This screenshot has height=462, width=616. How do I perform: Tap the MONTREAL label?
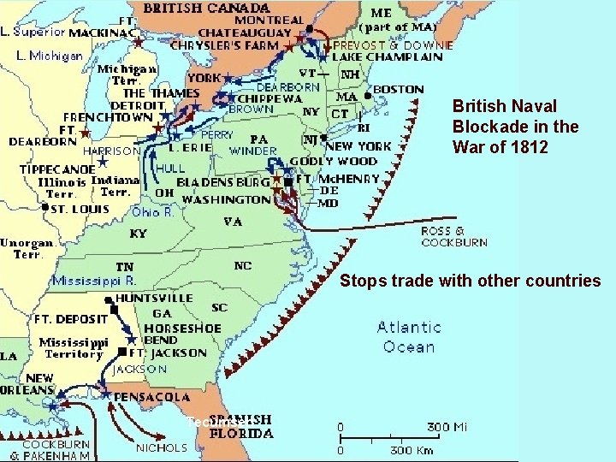tap(269, 20)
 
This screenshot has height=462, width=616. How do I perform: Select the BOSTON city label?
tap(398, 89)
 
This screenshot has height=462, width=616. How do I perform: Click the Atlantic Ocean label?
tap(409, 337)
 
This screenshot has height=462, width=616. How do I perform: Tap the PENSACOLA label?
tap(152, 397)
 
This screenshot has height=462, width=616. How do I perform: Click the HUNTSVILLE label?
tap(155, 298)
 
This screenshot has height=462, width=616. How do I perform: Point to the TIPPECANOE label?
tap(57, 169)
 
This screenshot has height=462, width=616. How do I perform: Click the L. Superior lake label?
tap(33, 32)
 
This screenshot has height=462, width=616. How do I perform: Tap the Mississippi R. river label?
tap(94, 280)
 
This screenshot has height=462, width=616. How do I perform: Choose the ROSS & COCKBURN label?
tap(453, 237)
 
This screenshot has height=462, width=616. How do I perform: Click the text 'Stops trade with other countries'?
tap(471, 281)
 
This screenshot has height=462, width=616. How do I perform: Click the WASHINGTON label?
tap(227, 199)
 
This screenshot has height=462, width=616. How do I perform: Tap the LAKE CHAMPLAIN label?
tap(388, 57)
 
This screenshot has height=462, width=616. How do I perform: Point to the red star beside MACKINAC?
tap(138, 39)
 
